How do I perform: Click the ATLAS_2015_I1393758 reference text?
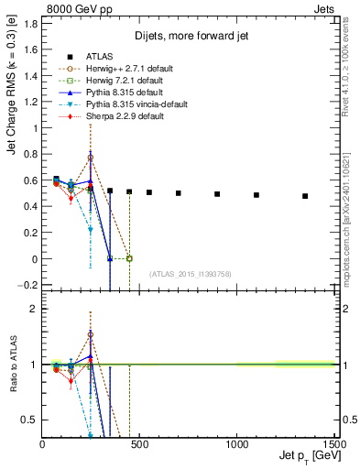tap(189, 272)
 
